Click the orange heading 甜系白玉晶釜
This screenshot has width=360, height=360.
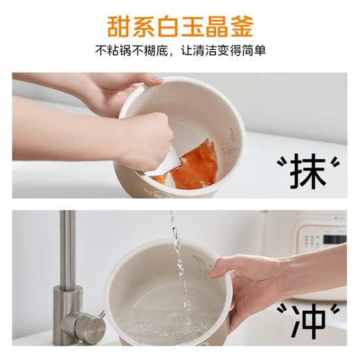[180, 26]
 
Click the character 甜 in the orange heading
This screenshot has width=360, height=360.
[120, 26]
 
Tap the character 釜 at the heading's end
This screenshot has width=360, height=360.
[240, 26]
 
